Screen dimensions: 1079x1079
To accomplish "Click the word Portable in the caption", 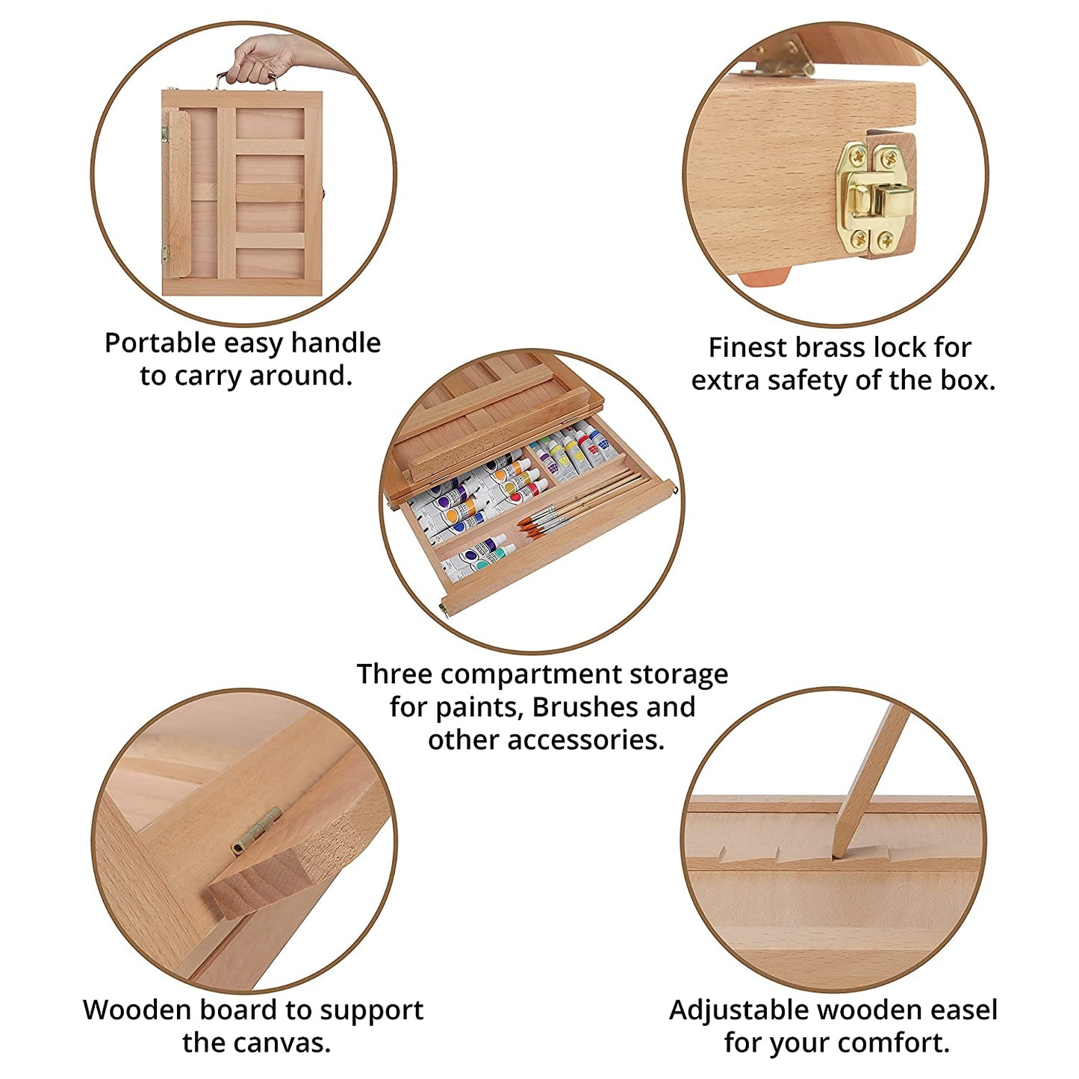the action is pos(160,343).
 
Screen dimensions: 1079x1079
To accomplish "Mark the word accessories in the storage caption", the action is pos(546,740).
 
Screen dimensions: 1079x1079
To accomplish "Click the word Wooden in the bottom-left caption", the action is pos(137,1010).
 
